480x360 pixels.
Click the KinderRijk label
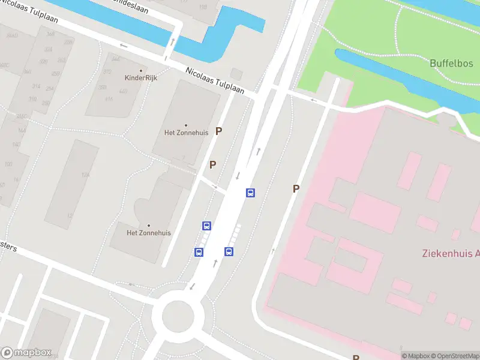(140, 78)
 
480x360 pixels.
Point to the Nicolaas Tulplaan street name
(215, 80)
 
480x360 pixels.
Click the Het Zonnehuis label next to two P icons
(185, 133)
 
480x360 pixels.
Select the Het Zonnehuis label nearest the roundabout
(149, 233)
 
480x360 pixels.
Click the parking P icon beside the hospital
(296, 188)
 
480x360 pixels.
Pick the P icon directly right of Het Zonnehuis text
(219, 131)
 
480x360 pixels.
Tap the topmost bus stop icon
(250, 193)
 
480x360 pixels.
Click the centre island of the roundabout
(178, 314)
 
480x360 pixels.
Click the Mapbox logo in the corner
(26, 353)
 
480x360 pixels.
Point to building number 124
(85, 175)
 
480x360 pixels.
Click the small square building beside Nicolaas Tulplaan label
(236, 74)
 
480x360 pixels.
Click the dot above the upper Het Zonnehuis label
(185, 125)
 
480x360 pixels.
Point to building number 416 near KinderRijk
(109, 98)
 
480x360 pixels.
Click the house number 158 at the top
(202, 7)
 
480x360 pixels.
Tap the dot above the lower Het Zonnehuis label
(149, 226)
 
